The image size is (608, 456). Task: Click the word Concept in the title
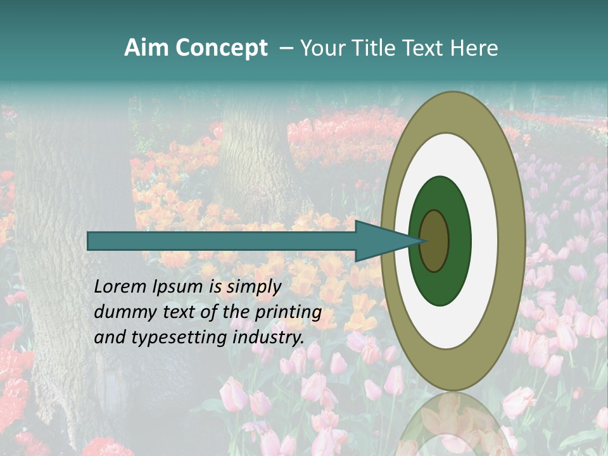[x=221, y=49]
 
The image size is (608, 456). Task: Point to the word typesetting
[x=170, y=338]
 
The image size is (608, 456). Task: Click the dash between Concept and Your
[x=286, y=49]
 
